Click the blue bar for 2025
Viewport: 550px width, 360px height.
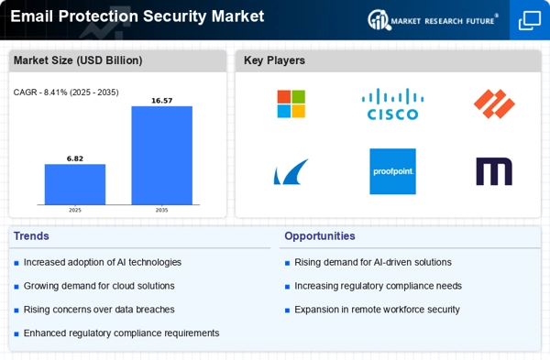point(75,184)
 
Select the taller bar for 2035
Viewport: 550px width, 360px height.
point(161,156)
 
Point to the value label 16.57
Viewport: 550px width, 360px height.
point(161,101)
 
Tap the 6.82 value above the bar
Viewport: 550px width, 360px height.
point(75,158)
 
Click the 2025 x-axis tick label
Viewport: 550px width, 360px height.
point(75,210)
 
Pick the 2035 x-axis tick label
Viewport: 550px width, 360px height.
point(161,210)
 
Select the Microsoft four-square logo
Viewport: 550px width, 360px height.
point(291,104)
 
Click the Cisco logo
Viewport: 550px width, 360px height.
point(392,104)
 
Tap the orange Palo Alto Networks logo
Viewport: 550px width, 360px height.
point(494,104)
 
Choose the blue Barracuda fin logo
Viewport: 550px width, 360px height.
point(291,171)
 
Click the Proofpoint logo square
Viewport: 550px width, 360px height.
point(392,171)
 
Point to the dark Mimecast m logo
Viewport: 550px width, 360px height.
point(494,171)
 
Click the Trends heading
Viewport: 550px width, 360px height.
point(31,236)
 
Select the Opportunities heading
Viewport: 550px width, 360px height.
point(320,236)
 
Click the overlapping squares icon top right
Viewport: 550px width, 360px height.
point(530,20)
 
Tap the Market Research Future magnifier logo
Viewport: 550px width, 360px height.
point(379,20)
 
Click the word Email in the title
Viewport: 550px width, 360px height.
point(31,16)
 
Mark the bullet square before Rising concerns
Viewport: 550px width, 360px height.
point(16,311)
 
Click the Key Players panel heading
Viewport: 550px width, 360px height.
point(274,60)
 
